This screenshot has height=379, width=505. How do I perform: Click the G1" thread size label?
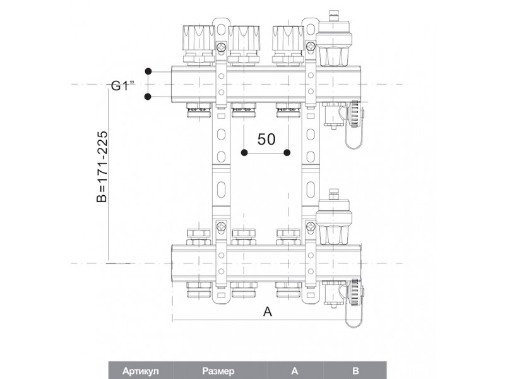(x=122, y=86)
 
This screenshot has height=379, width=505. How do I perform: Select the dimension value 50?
(x=266, y=139)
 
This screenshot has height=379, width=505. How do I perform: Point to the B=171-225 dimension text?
(x=102, y=166)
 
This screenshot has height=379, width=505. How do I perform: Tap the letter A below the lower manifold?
(x=268, y=311)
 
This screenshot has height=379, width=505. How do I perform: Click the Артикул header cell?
(x=140, y=371)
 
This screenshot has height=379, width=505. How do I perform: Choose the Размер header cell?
(x=218, y=371)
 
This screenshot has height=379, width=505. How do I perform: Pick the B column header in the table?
(x=355, y=371)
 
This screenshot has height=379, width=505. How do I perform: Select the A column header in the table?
(x=295, y=371)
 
